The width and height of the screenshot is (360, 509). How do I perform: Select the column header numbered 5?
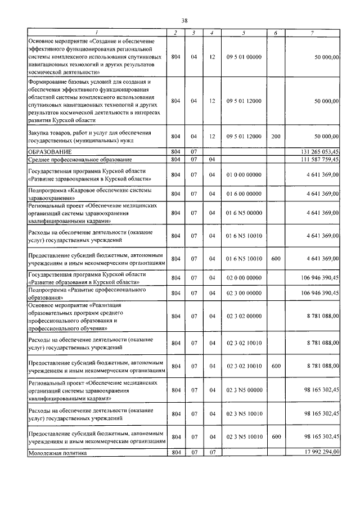tap(244, 33)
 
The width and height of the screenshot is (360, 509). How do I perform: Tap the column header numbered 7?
tap(312, 33)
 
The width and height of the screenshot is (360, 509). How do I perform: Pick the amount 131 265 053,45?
tap(318, 152)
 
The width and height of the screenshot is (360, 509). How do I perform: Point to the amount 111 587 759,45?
tap(318, 160)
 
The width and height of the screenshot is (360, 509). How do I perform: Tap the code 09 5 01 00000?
tap(244, 57)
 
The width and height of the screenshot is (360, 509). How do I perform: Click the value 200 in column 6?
tap(275, 136)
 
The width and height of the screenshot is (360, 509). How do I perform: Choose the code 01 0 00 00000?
tap(244, 175)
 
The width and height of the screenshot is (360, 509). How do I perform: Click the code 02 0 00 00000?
tap(244, 278)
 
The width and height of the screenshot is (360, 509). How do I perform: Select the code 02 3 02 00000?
tap(244, 317)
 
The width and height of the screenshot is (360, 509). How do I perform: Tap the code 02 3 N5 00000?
tap(244, 390)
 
